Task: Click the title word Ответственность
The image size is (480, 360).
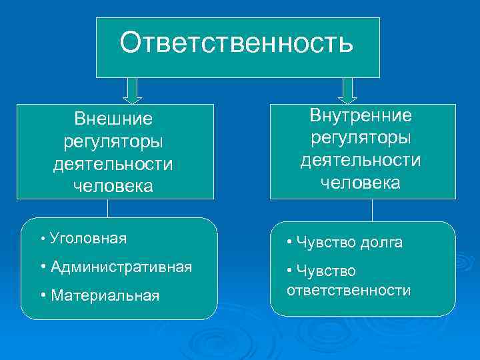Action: point(237,43)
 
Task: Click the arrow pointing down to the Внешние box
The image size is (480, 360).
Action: point(133,91)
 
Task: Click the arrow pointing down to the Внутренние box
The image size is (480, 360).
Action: point(347,91)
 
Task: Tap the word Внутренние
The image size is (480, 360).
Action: point(361,115)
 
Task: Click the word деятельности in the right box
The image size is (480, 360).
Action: point(361,161)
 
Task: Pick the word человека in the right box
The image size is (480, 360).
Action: point(361,183)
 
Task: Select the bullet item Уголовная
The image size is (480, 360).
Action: point(87,238)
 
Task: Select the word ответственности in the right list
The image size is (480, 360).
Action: point(349,291)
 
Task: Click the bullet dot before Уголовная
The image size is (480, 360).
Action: point(42,239)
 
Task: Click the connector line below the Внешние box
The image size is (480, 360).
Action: point(107,209)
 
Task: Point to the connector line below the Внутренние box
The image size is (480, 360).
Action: point(372,210)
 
